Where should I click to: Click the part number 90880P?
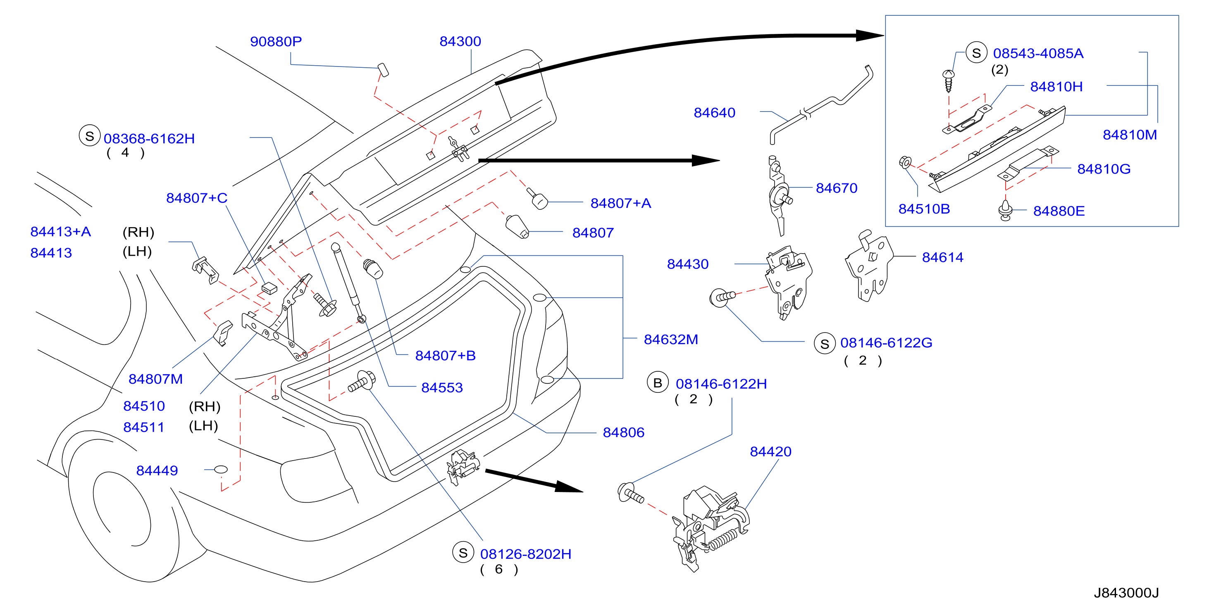point(276,42)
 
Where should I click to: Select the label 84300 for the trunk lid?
point(460,41)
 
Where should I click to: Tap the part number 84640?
point(714,113)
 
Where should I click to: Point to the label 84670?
point(836,188)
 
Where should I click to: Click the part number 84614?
point(942,257)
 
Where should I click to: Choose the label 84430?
point(687,264)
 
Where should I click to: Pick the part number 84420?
point(770,451)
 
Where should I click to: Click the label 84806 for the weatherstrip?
point(623,432)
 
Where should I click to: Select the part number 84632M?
point(671,339)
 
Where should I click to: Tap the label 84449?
point(157,470)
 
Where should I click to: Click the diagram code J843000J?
point(1126,593)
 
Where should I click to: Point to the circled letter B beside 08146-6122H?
point(658,383)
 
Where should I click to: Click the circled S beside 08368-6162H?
point(89,136)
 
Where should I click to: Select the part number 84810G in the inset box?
point(1104,169)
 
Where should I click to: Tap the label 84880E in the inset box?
point(1059,211)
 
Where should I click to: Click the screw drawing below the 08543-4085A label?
point(949,81)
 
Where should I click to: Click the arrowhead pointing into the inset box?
point(870,35)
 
